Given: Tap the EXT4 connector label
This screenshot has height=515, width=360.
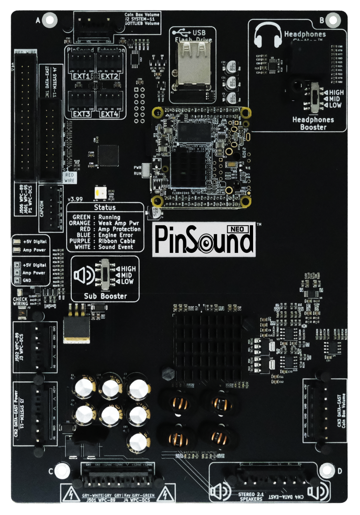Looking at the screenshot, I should point(110,114).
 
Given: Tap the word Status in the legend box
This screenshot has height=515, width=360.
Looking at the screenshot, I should point(105,207).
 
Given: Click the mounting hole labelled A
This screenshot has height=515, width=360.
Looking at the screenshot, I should point(50,20).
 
